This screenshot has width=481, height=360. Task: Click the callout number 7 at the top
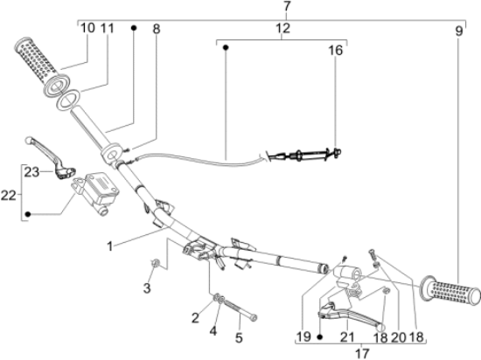click(x=286, y=6)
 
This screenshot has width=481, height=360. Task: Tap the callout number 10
click(x=87, y=28)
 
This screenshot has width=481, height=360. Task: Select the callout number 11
click(x=108, y=28)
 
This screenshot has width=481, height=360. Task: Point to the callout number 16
click(x=335, y=51)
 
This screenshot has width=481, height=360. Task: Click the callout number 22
click(x=8, y=195)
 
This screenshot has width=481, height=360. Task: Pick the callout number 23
click(x=31, y=172)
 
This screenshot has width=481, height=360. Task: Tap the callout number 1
click(x=109, y=246)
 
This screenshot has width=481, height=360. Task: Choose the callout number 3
click(x=147, y=288)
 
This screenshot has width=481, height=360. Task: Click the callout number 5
click(x=239, y=337)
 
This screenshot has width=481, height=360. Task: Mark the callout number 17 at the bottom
click(x=362, y=353)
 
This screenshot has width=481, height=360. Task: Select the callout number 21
click(x=347, y=337)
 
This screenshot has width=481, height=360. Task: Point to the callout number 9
click(x=458, y=31)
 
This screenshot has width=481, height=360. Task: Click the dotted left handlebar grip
click(x=42, y=66)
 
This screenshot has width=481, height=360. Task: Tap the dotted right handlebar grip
click(x=450, y=290)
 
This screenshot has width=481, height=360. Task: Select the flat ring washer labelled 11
click(x=68, y=100)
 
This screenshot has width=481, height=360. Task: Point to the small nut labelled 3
click(x=156, y=263)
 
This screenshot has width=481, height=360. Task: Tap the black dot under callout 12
click(x=226, y=48)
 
